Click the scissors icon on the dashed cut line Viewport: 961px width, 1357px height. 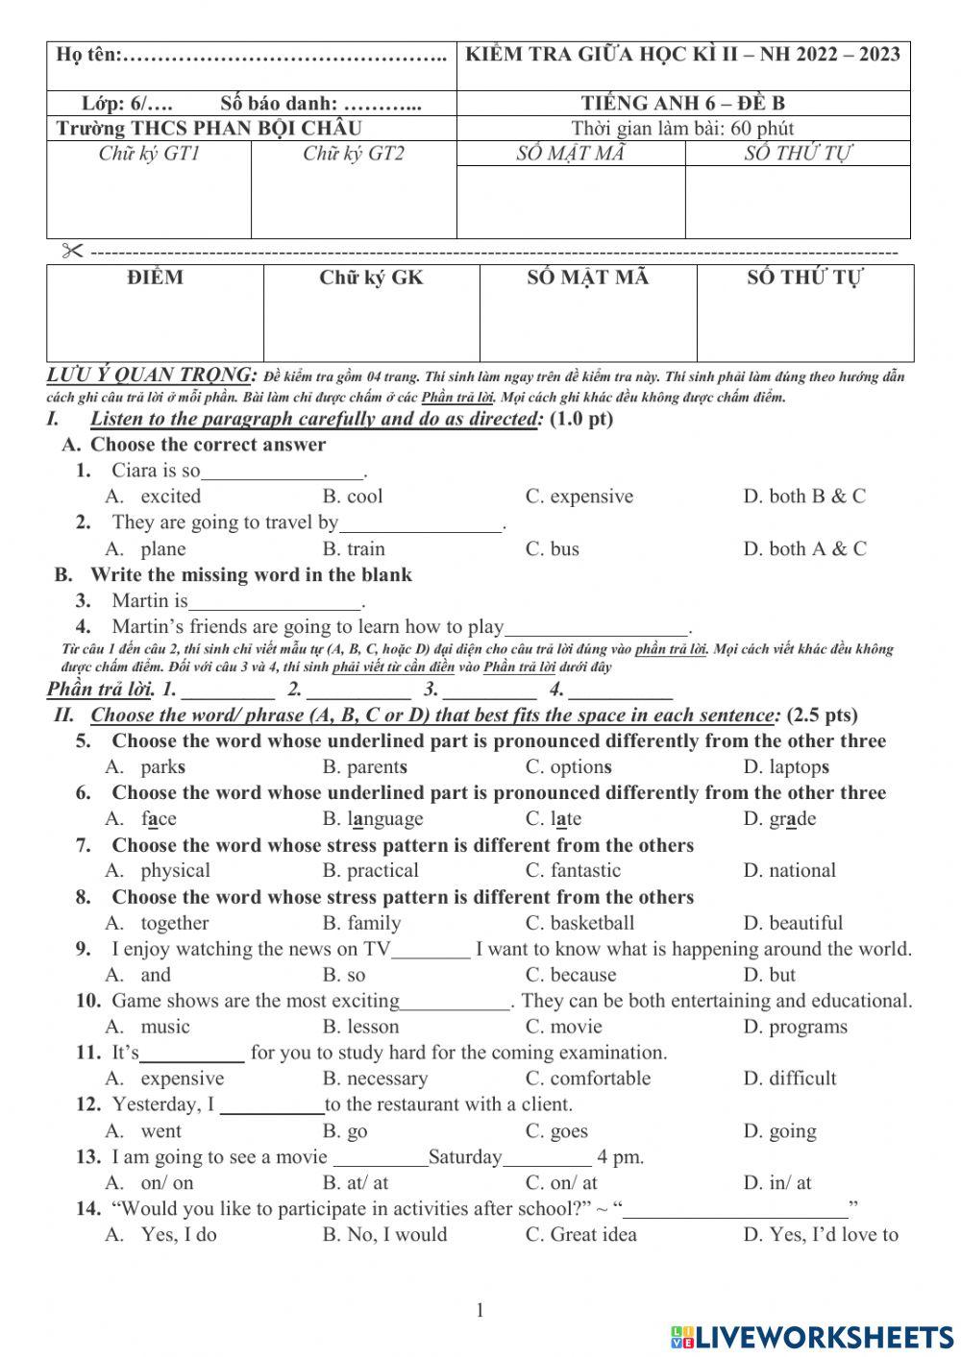click(73, 252)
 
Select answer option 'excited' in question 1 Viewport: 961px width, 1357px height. click(170, 497)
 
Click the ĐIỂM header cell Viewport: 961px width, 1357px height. click(155, 279)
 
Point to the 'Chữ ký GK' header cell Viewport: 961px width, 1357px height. click(371, 279)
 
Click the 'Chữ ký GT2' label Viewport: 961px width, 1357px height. click(353, 154)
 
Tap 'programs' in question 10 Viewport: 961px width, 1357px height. click(807, 1027)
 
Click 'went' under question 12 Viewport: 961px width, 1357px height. click(160, 1131)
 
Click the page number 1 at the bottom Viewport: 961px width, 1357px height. click(480, 1311)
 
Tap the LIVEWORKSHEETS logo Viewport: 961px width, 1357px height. click(812, 1337)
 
